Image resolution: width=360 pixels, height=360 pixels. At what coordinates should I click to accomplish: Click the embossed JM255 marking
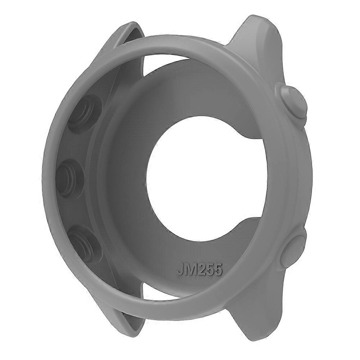pos(199,269)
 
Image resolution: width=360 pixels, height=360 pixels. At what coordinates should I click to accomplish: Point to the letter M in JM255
pos(189,269)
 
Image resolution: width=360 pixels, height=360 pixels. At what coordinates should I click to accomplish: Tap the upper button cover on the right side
pos(291,102)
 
